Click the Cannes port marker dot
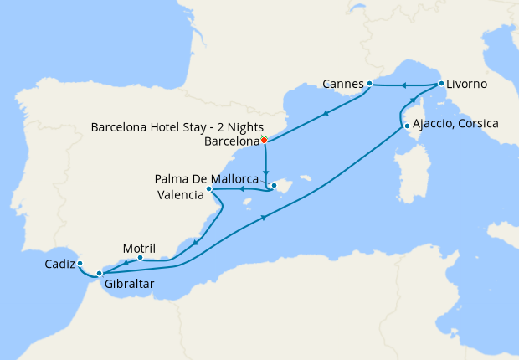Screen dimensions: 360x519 [x=369, y=84]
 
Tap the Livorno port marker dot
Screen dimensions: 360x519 [x=440, y=84]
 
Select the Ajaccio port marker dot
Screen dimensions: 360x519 [x=406, y=126]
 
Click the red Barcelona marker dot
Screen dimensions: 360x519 [x=264, y=140]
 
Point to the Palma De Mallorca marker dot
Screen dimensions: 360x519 [x=273, y=185]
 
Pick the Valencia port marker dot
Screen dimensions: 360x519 [x=208, y=189]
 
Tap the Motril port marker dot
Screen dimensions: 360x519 [x=140, y=258]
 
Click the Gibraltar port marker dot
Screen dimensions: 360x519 [x=99, y=273]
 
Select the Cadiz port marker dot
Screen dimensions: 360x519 [x=80, y=263]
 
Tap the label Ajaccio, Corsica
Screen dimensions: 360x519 [x=455, y=124]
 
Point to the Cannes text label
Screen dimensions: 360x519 [x=343, y=84]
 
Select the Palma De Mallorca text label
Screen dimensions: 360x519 [x=206, y=179]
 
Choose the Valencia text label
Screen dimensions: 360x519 [x=180, y=195]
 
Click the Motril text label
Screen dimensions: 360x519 [x=140, y=248]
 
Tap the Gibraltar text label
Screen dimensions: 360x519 [x=130, y=285]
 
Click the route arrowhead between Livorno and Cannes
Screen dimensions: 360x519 [x=403, y=85]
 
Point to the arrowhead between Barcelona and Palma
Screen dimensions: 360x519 [x=265, y=166]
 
